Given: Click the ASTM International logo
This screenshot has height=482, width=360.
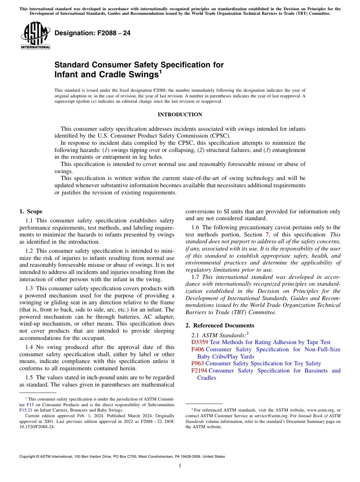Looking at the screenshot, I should click(x=35, y=36).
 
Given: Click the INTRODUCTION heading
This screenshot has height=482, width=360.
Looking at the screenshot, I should click(x=180, y=114).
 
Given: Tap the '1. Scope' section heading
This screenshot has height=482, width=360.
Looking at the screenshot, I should click(x=31, y=211).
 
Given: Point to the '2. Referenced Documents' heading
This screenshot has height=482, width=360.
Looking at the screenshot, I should click(x=220, y=326).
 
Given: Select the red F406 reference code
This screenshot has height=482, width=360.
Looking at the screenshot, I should click(x=197, y=349).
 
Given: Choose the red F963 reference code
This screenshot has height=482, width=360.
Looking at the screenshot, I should click(x=197, y=363).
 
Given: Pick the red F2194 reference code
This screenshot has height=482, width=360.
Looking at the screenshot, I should click(x=199, y=371).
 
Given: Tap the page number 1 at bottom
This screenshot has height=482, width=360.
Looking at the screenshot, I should click(x=180, y=466).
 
